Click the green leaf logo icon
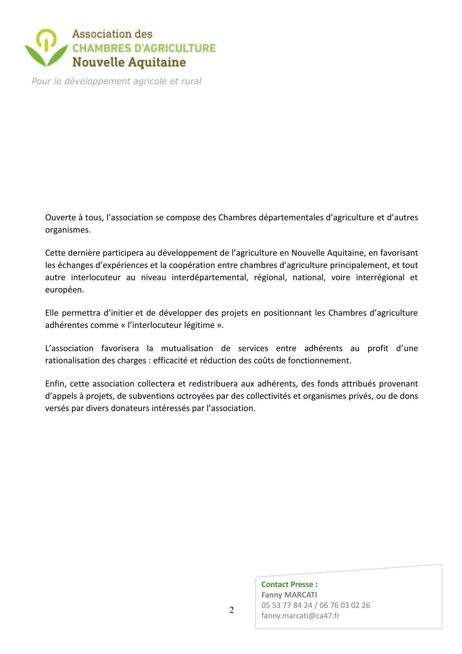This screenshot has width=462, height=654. (x=46, y=48)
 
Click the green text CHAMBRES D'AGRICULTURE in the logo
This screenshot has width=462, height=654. (x=144, y=48)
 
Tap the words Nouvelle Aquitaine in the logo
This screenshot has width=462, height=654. (x=129, y=62)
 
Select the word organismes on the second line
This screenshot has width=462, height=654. (x=68, y=230)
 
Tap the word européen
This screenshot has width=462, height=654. (x=65, y=290)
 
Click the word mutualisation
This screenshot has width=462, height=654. (x=187, y=348)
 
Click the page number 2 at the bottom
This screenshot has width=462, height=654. (x=231, y=610)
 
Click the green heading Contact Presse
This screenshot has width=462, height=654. (x=287, y=584)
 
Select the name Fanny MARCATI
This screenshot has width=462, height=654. (x=289, y=595)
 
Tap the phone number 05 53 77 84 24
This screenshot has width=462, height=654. (x=287, y=605)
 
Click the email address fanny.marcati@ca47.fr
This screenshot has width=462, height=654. (x=300, y=616)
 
